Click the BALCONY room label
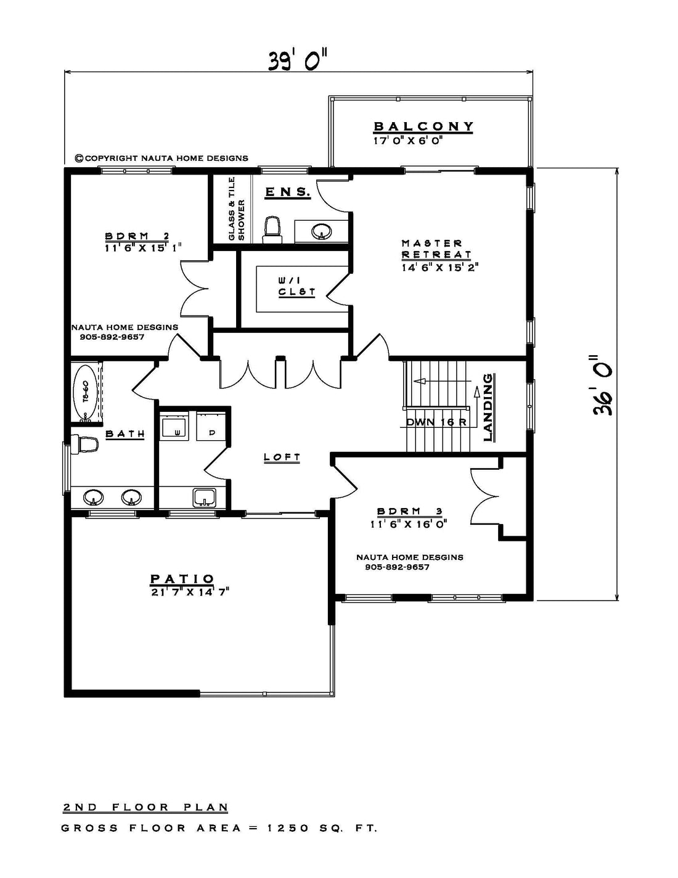(423, 126)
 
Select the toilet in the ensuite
(272, 230)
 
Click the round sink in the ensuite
(322, 231)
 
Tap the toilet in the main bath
(85, 444)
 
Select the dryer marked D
(211, 427)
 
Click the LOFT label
(282, 457)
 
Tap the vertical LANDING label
(489, 408)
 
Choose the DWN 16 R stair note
(436, 422)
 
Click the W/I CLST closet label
(297, 285)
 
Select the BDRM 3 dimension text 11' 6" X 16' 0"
(409, 525)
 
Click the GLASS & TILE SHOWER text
(237, 209)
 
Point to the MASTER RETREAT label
(436, 249)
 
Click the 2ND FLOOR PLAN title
(145, 807)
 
